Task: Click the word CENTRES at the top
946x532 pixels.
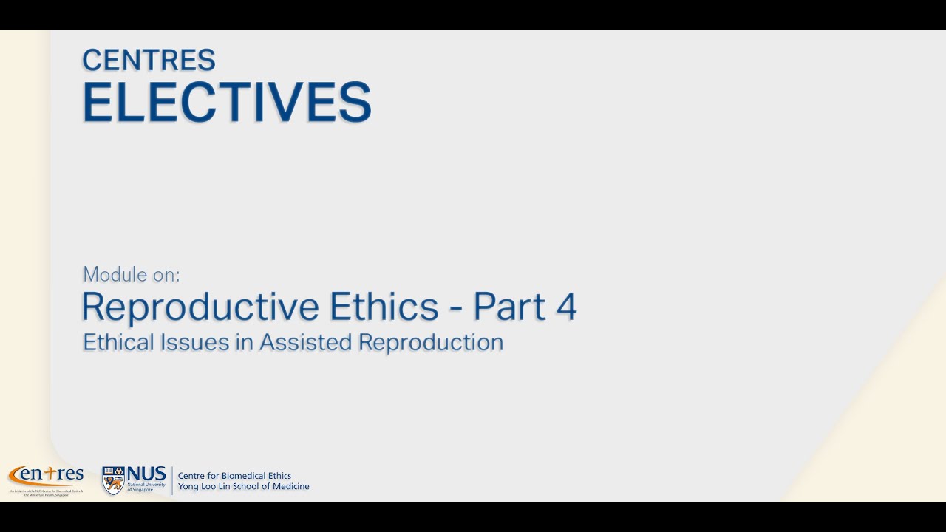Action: coord(149,61)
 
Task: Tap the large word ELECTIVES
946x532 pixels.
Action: coord(226,102)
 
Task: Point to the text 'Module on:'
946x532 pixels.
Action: coord(132,274)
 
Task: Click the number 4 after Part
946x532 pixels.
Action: coord(566,306)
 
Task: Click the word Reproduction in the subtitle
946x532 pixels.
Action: coord(431,342)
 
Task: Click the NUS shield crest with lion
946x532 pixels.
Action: coord(113,480)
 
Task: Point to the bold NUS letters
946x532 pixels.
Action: coord(146,473)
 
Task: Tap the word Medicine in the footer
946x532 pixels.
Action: coord(290,486)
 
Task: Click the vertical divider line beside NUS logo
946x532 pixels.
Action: coord(172,480)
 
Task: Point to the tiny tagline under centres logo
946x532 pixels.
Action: coord(46,492)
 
